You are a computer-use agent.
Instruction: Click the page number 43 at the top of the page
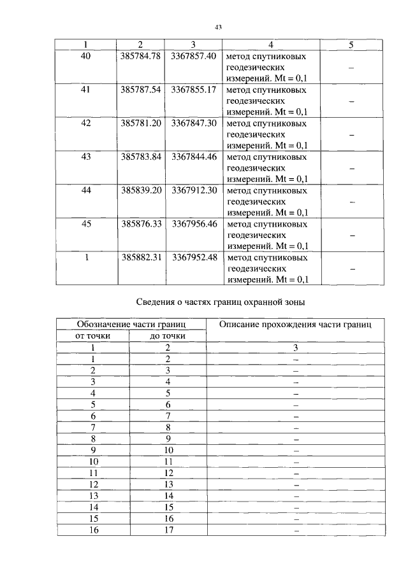pyautogui.click(x=217, y=27)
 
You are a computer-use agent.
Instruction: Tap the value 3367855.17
pyautogui.click(x=194, y=90)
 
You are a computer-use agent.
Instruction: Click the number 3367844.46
pyautogui.click(x=194, y=157)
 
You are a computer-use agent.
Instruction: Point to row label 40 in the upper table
pyautogui.click(x=86, y=56)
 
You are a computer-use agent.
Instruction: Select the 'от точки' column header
pyautogui.click(x=92, y=335)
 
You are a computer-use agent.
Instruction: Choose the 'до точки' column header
pyautogui.click(x=168, y=335)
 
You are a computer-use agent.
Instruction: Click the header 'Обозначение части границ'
pyautogui.click(x=130, y=325)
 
